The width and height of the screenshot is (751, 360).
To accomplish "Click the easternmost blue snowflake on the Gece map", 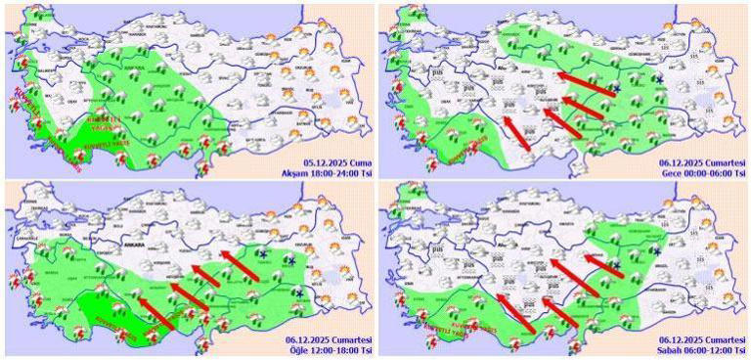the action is [659, 79].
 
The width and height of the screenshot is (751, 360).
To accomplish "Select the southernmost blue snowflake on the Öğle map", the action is [297, 293].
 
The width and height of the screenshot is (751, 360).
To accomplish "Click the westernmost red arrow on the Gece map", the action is [517, 133].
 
